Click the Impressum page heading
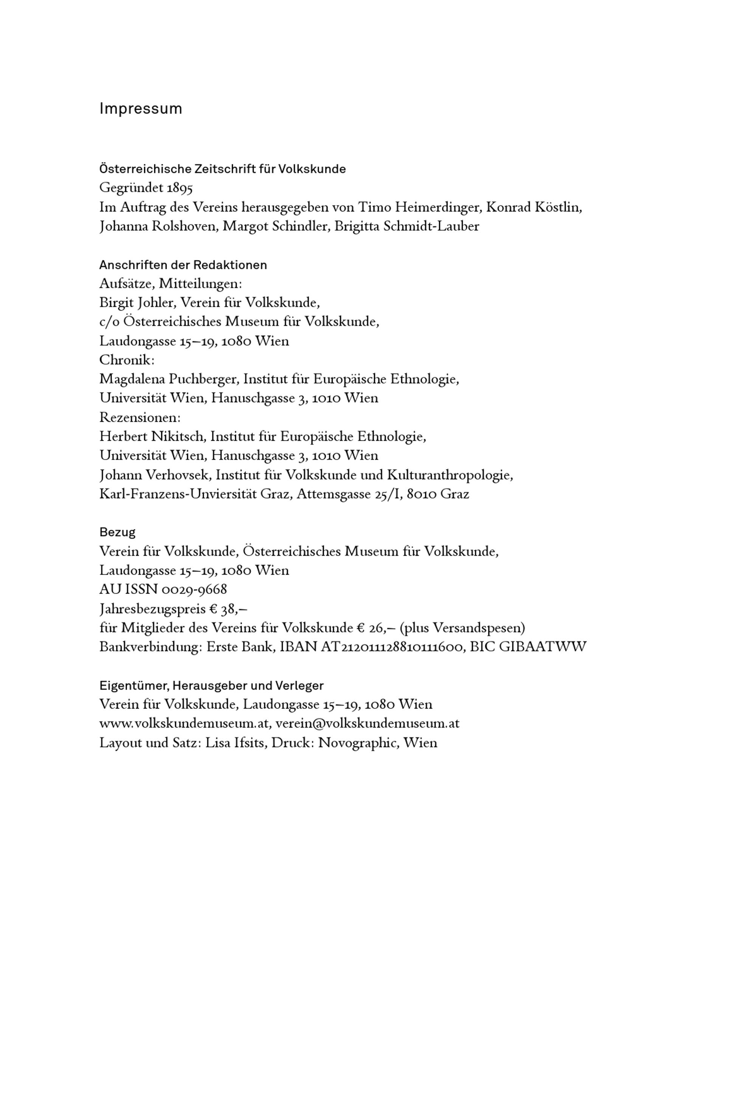tap(141, 109)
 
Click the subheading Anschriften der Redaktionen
tap(183, 265)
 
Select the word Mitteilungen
tap(200, 284)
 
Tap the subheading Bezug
tap(117, 532)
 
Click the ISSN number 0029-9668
tap(194, 590)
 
